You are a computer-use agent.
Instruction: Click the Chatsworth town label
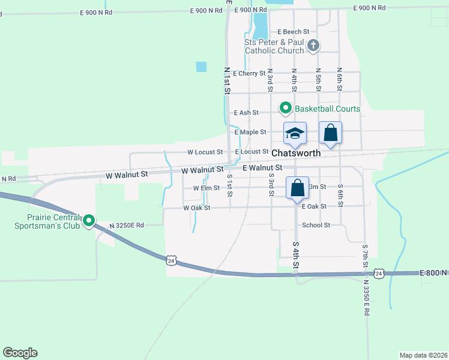[296, 153]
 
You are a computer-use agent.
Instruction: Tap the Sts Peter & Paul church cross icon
[313, 45]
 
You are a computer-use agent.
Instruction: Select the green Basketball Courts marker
[286, 109]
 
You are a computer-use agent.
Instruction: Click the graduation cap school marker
[295, 133]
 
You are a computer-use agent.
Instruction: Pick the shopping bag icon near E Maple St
[330, 132]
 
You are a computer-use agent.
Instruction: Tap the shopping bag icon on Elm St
[297, 187]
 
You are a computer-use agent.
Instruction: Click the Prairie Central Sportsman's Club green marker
[89, 221]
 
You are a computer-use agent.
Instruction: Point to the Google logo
[20, 353]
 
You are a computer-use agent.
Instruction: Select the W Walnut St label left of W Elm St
[126, 175]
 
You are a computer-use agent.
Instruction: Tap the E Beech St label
[293, 31]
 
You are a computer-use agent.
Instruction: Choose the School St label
[316, 225]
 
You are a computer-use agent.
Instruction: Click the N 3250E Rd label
[127, 225]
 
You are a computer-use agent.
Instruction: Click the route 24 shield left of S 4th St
[171, 260]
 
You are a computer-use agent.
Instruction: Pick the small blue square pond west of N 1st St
[201, 67]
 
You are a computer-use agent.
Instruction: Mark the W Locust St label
[205, 152]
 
